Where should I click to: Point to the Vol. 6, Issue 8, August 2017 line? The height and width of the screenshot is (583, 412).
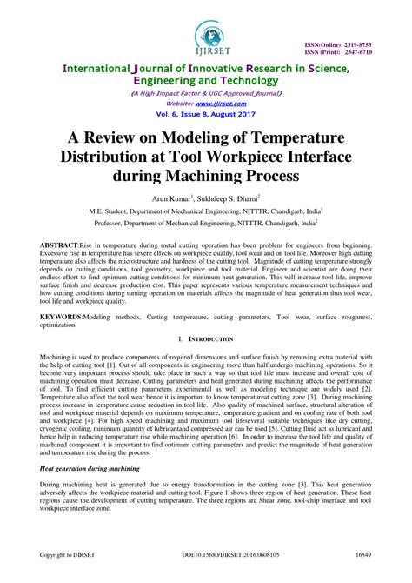pos(206,113)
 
